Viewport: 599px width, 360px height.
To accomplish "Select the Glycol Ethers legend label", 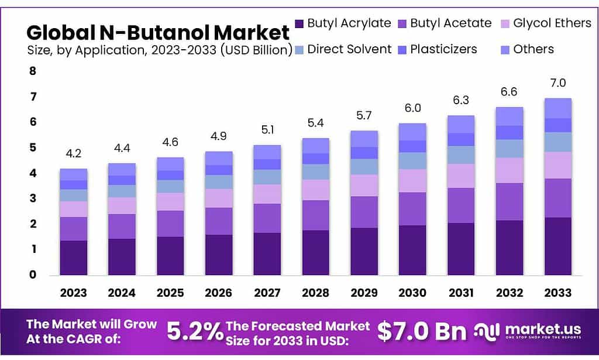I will click(552, 23).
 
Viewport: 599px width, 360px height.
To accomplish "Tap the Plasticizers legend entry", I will click(443, 49).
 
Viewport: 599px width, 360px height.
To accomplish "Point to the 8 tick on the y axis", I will click(33, 71).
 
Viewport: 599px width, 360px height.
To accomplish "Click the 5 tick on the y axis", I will click(33, 148).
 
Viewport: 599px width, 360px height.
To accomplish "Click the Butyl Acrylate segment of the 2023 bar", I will click(74, 258).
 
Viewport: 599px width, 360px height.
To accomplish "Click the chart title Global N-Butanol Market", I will click(158, 32).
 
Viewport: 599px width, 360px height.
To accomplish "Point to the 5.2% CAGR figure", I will click(195, 332).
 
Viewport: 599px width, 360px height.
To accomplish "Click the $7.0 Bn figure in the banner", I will click(422, 332).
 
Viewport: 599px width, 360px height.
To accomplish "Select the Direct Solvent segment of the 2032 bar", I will click(509, 149).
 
